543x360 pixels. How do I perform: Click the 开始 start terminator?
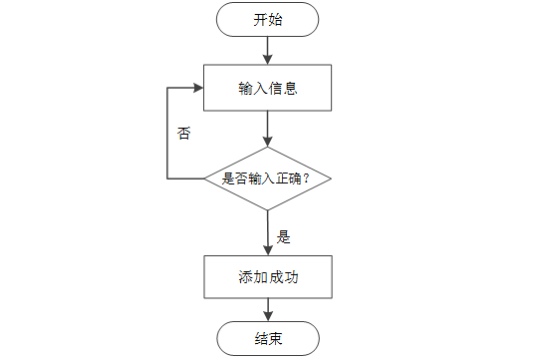coord(267,19)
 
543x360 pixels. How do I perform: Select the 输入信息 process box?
coord(267,88)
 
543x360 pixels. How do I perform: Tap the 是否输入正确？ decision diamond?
coord(268,179)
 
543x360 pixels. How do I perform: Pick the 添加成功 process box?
coord(268,277)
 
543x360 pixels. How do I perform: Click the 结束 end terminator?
coord(268,338)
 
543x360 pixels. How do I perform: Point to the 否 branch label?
coord(184,133)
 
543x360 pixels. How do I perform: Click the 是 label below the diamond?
coord(283,237)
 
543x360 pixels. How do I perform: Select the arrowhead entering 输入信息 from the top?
coord(267,59)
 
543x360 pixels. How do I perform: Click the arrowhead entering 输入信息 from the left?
coord(198,88)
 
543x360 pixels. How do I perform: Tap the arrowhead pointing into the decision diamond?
coord(267,142)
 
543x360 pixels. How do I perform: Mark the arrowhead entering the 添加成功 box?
coord(268,250)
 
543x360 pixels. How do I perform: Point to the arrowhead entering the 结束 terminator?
coord(268,316)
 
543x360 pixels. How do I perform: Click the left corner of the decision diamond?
coord(204,179)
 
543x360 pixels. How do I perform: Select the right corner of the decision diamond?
coord(331,179)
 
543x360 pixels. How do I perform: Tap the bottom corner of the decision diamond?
coord(268,210)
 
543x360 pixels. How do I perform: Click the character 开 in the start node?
coord(260,20)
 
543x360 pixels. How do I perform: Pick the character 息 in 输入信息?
coord(291,88)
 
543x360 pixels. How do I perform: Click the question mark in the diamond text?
coord(306,179)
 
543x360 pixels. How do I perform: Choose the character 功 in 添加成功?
coord(291,277)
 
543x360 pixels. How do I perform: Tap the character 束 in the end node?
coord(276,338)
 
